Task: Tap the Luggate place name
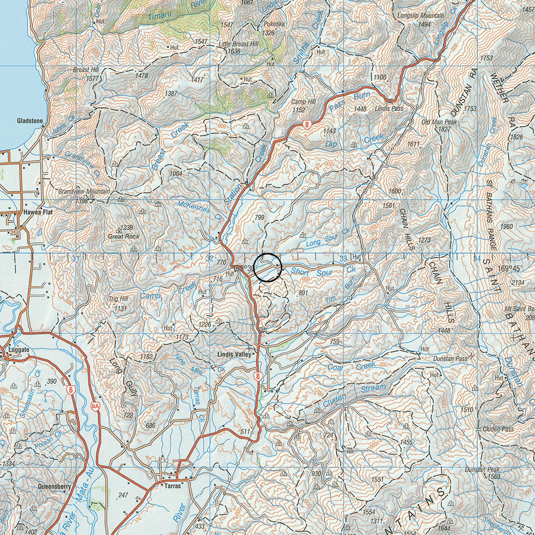tap(19, 350)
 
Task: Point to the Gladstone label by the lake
tap(30, 121)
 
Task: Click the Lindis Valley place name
tap(234, 354)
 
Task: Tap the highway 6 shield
tap(70, 390)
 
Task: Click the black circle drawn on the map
tap(267, 267)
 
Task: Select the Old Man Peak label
tap(439, 122)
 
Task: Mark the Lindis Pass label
tap(389, 108)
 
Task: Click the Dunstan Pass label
tap(450, 359)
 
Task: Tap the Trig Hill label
tap(118, 299)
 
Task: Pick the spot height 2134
tap(518, 282)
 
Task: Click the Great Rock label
tap(124, 236)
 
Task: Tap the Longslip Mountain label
tap(420, 16)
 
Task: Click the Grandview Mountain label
tap(84, 192)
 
